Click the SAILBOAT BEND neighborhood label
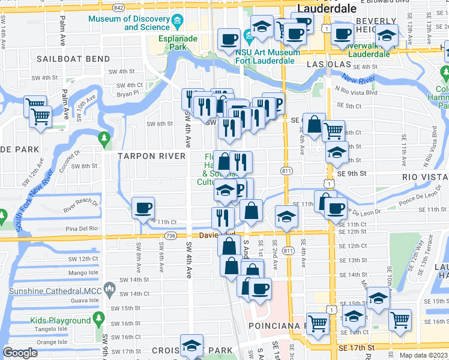(x=73, y=59)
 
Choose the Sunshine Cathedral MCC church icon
(x=110, y=292)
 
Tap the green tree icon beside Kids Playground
(x=103, y=321)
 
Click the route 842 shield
(x=118, y=8)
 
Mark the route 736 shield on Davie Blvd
(x=171, y=236)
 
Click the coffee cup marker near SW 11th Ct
(x=143, y=208)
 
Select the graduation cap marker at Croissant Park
(x=191, y=346)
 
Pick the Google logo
(x=20, y=353)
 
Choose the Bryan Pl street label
(x=128, y=94)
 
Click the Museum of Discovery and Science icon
(x=177, y=23)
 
